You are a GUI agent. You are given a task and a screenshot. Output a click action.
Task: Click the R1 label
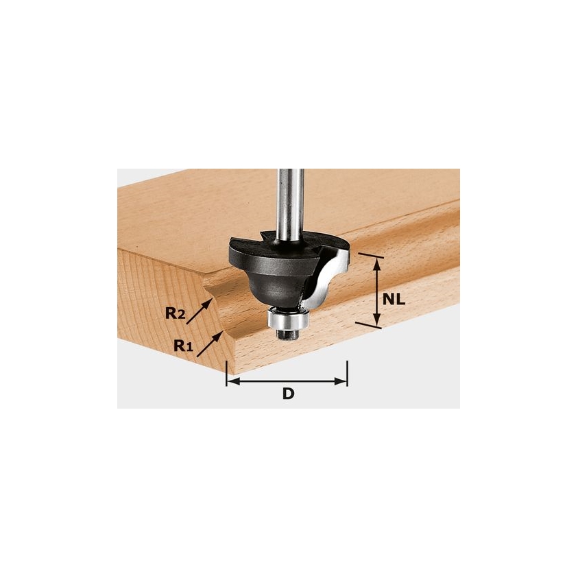[183, 346]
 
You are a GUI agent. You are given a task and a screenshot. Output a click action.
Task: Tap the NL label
[394, 300]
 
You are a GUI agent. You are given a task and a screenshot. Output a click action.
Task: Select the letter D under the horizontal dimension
[288, 394]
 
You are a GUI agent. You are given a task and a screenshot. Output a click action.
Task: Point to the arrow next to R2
[199, 311]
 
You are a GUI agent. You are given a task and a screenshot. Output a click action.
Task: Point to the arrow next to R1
[210, 344]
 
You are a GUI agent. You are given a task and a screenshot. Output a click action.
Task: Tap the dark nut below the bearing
[287, 334]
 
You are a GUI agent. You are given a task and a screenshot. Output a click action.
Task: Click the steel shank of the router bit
[291, 206]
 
